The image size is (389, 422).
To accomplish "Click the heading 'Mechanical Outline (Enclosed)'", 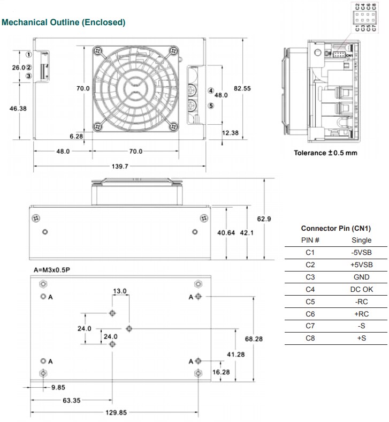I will pyautogui.click(x=64, y=22).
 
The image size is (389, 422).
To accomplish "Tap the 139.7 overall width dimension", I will pyautogui.click(x=119, y=167).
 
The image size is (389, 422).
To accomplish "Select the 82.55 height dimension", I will pyautogui.click(x=242, y=88).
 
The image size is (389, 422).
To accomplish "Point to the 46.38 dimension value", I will pyautogui.click(x=18, y=108).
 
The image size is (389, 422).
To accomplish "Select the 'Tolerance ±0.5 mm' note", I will pyautogui.click(x=325, y=153).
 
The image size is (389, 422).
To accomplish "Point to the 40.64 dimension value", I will pyautogui.click(x=226, y=233).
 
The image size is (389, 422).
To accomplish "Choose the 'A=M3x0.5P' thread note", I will pyautogui.click(x=51, y=270).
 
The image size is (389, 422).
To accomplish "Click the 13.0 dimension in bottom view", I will pyautogui.click(x=119, y=291).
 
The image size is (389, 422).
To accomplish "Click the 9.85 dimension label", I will pyautogui.click(x=58, y=387).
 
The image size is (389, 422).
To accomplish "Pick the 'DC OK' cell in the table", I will pyautogui.click(x=361, y=290).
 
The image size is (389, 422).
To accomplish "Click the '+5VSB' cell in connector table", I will pyautogui.click(x=361, y=265).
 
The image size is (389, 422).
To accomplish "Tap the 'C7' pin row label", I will pyautogui.click(x=310, y=326).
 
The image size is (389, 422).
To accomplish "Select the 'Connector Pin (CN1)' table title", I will pyautogui.click(x=335, y=228).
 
